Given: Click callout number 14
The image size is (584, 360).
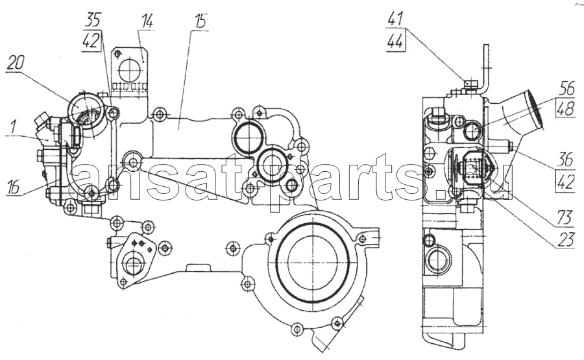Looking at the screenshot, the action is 147,21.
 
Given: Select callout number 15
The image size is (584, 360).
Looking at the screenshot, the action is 201,21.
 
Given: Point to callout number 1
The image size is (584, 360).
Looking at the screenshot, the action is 13,129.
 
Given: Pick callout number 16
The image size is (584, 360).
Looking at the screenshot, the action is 13,187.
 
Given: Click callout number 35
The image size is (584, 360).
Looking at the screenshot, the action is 93,19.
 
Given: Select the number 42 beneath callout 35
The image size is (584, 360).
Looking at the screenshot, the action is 91,41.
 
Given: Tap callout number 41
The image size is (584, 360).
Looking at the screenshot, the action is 396,18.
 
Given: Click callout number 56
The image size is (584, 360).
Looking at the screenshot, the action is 567,89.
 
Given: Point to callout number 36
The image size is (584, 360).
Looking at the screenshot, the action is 566,160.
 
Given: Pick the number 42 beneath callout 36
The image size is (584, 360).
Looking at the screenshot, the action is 566,182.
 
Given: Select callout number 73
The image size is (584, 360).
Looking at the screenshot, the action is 565,218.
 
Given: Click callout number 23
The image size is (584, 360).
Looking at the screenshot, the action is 565,240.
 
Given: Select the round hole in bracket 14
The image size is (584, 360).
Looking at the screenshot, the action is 130,70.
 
